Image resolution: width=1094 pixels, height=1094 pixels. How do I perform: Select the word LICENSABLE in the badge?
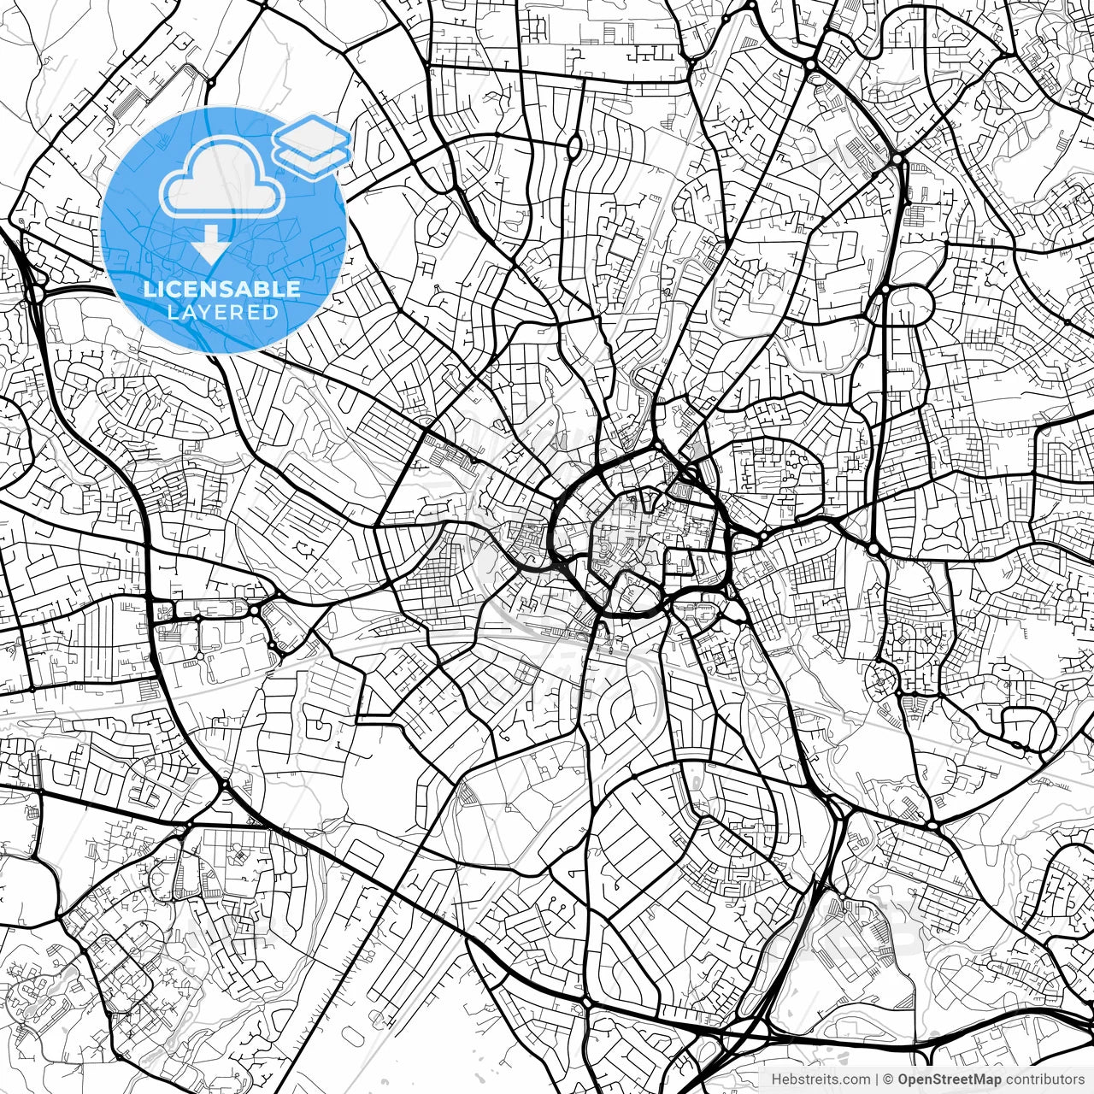click(222, 289)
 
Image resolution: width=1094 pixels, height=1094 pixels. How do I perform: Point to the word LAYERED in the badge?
click(222, 313)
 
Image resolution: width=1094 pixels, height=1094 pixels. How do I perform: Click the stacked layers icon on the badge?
click(312, 147)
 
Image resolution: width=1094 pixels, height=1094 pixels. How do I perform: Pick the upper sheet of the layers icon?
click(312, 136)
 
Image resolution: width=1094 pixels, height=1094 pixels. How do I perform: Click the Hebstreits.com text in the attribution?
click(820, 1079)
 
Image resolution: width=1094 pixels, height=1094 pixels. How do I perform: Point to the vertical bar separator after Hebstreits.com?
click(877, 1079)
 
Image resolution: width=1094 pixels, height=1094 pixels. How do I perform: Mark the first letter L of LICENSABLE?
click(148, 289)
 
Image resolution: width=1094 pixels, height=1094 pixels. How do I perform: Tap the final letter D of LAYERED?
click(271, 313)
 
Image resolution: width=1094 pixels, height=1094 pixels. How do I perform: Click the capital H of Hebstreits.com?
click(775, 1079)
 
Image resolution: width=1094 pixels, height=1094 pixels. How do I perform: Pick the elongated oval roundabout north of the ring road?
click(575, 145)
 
